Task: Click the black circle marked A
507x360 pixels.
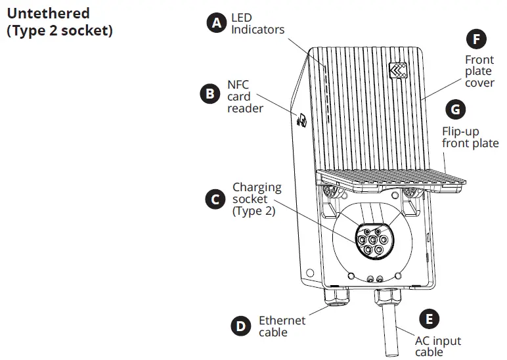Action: (x=216, y=23)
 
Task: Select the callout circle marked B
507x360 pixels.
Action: (x=209, y=93)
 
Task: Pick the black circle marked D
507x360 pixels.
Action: (x=241, y=326)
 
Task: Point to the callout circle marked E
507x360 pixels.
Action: (x=430, y=320)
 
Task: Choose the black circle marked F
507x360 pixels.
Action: (x=475, y=39)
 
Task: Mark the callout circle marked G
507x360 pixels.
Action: (x=455, y=108)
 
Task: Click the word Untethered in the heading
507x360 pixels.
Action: (x=48, y=13)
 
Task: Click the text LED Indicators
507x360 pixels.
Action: (x=257, y=24)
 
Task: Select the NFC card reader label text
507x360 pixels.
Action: (x=245, y=97)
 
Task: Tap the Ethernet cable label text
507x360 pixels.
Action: (x=282, y=326)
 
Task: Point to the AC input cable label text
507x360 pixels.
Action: (x=437, y=346)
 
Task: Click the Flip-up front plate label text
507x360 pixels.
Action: (x=470, y=137)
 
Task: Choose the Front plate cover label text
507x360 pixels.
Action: (x=479, y=71)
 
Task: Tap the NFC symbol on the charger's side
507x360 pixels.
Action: (x=301, y=120)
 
